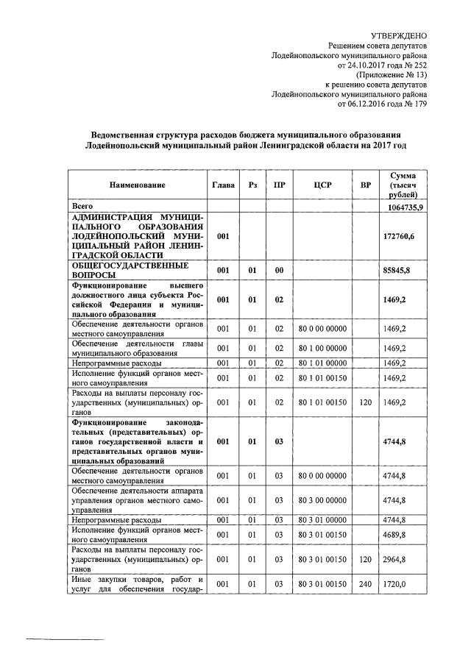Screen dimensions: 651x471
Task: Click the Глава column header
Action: point(223,185)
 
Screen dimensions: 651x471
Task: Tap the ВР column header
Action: point(366,185)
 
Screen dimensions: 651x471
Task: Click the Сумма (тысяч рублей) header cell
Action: point(404,185)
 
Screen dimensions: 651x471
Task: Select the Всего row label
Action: point(82,207)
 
